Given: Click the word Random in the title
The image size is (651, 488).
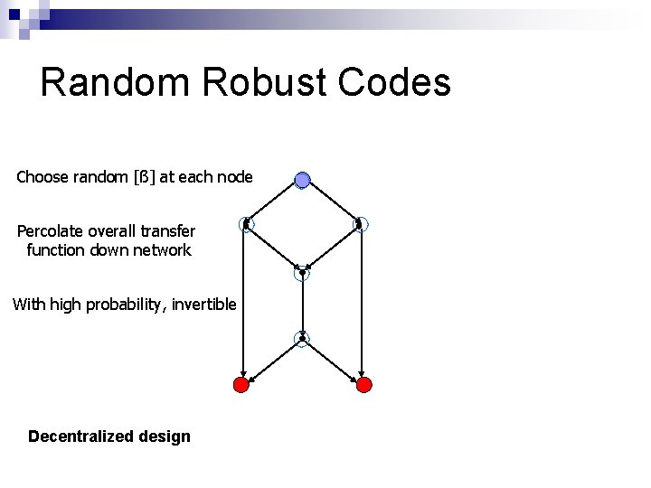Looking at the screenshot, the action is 116,83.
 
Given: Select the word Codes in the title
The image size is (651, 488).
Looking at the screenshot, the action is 395,83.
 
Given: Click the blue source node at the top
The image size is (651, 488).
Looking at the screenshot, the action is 303,180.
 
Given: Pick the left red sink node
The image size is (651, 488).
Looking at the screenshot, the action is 241,385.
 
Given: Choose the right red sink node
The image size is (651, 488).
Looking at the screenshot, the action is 363,385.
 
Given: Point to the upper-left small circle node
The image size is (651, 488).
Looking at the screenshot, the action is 246,224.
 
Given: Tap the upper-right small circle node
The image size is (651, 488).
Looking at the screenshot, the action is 360,224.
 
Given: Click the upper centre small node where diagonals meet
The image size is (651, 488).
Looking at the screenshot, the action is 302,273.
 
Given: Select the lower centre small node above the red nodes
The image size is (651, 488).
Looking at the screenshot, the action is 302,339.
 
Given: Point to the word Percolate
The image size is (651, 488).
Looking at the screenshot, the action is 52,231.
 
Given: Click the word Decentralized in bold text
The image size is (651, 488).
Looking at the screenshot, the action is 81,436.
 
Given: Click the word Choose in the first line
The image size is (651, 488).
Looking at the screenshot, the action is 42,177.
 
